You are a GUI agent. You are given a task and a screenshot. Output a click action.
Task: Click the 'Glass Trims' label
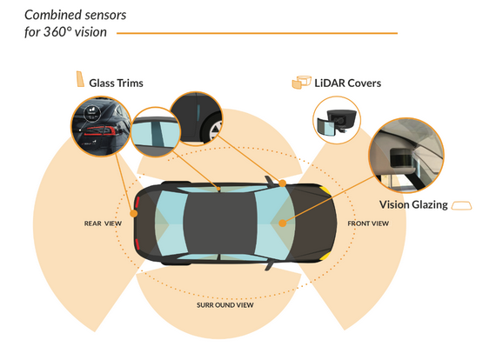(116, 83)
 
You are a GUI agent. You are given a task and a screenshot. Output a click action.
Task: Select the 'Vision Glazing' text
(412, 205)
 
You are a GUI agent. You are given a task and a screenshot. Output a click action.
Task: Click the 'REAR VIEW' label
(102, 223)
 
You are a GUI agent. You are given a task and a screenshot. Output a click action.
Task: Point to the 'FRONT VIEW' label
(369, 223)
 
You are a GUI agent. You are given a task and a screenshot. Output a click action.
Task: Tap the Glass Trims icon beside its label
(78, 81)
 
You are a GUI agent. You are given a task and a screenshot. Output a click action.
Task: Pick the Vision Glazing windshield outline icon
(461, 205)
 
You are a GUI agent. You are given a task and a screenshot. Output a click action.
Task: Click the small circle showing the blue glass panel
(156, 130)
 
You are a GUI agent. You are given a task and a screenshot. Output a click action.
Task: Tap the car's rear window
(167, 223)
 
